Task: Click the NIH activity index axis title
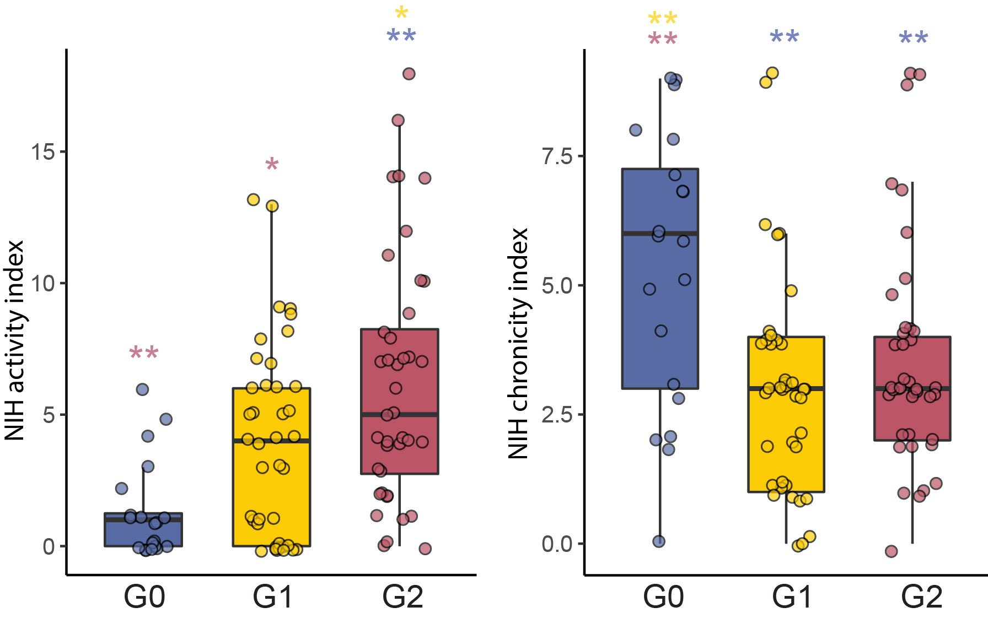click(x=15, y=340)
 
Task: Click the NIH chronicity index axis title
click(x=518, y=344)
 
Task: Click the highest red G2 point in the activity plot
click(x=409, y=74)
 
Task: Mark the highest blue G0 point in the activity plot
click(x=142, y=389)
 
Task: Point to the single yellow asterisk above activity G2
click(x=401, y=13)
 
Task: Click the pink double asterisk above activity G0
click(x=144, y=353)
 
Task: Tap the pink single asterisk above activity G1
click(x=272, y=165)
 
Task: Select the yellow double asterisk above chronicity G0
click(x=662, y=19)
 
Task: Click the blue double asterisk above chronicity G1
click(x=784, y=38)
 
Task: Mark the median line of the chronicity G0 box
click(x=660, y=234)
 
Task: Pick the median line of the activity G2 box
click(x=399, y=414)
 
